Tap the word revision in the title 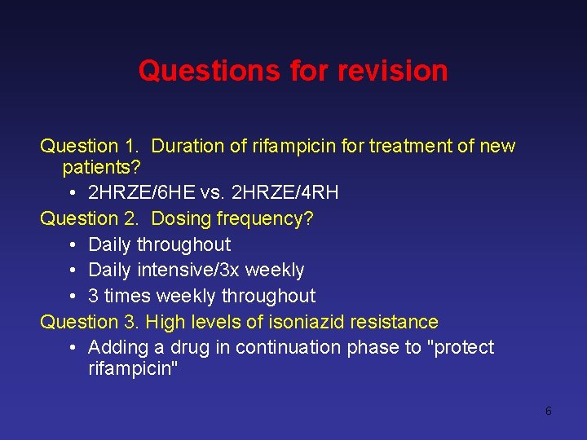pyautogui.click(x=394, y=71)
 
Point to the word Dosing pyautogui.click(x=180, y=218)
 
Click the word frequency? pyautogui.click(x=264, y=218)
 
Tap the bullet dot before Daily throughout pyautogui.click(x=73, y=244)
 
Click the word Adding pyautogui.click(x=117, y=348)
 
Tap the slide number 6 pyautogui.click(x=548, y=411)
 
